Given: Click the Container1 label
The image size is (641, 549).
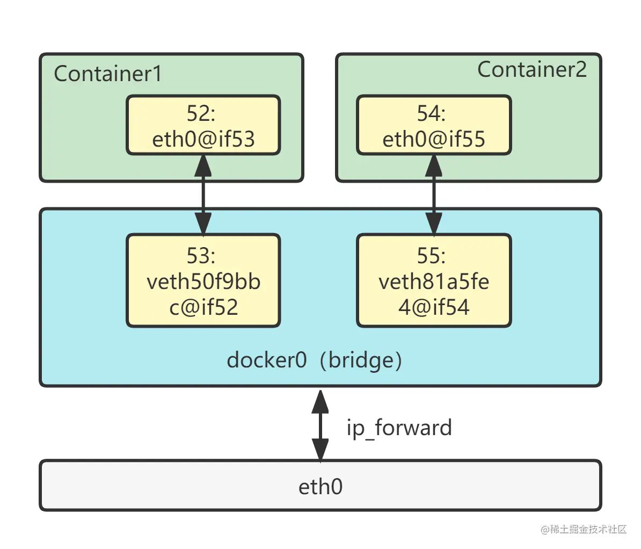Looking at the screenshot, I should pos(108,74).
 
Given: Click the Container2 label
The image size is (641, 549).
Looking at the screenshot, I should pos(531,69).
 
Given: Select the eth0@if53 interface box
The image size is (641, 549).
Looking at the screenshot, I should pos(203,126).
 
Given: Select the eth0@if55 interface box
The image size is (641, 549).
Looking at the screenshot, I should pos(434,126).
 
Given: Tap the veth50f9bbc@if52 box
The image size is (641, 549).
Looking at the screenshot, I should pos(203,280).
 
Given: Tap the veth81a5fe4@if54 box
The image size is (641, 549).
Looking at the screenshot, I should pos(434,280).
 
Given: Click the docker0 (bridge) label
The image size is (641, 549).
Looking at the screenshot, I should pos(314,359).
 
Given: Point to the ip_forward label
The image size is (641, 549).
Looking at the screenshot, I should pos(399,428).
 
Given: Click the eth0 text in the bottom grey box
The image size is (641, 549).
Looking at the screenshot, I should pos(320,486).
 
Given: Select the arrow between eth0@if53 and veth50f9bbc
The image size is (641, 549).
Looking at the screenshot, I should pos(203,194).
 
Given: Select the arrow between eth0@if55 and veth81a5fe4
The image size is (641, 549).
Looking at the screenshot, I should pos(434,194).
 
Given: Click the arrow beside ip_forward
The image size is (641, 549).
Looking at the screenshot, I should pos(320,424).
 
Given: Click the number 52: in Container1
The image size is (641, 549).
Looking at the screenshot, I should pos(201,113).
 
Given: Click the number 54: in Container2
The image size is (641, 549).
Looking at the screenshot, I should pos(431,113).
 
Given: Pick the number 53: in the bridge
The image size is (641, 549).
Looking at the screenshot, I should pos(201,256).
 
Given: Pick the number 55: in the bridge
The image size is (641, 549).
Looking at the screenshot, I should pos(431,256).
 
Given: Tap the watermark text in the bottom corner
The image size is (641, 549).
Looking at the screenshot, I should pos(584,529).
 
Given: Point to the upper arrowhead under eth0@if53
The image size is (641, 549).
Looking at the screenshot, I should pos(203,165).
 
